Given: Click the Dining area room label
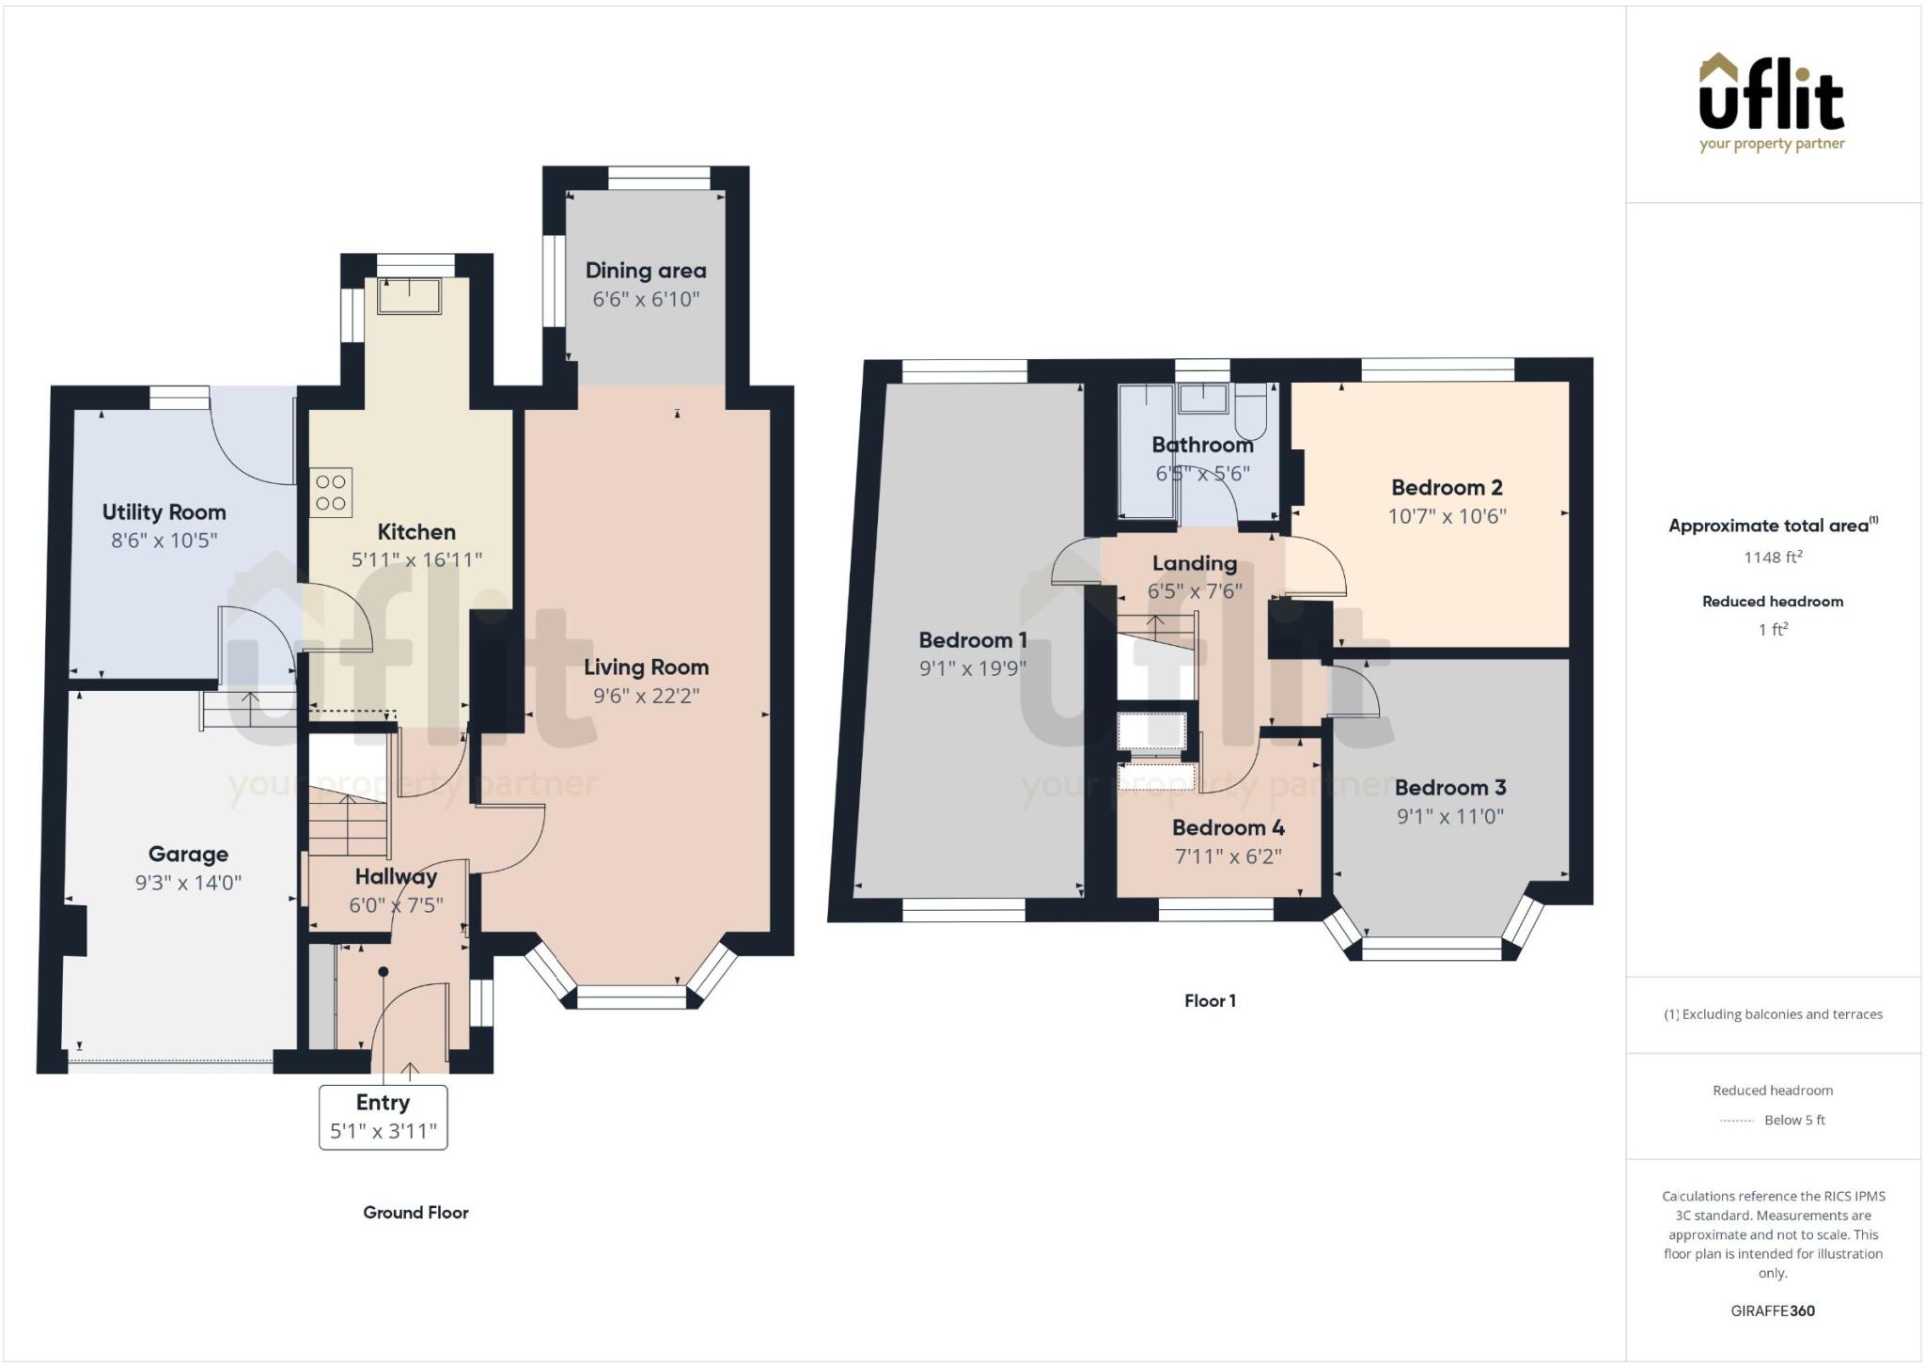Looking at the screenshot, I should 645,271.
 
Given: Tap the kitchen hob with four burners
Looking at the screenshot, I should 331,493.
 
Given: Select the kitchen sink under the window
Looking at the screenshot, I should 410,294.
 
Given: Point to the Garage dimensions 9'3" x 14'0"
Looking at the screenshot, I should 188,883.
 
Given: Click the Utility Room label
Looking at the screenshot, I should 164,512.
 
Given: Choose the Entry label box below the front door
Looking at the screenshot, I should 383,1117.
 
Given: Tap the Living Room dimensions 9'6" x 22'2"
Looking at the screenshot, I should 646,697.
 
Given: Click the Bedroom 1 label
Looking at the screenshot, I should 972,640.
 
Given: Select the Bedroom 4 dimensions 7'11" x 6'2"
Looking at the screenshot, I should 1228,856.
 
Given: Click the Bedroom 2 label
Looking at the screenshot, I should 1447,488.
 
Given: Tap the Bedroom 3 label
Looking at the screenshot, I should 1449,788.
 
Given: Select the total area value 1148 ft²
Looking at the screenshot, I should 1773,557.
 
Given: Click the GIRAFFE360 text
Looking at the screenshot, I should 1772,1311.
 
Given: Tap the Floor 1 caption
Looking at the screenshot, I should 1210,1001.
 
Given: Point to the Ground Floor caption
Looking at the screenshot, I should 415,1213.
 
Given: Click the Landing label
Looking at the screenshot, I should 1194,563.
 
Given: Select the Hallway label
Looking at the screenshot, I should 396,877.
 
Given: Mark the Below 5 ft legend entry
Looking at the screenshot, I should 1793,1120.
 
